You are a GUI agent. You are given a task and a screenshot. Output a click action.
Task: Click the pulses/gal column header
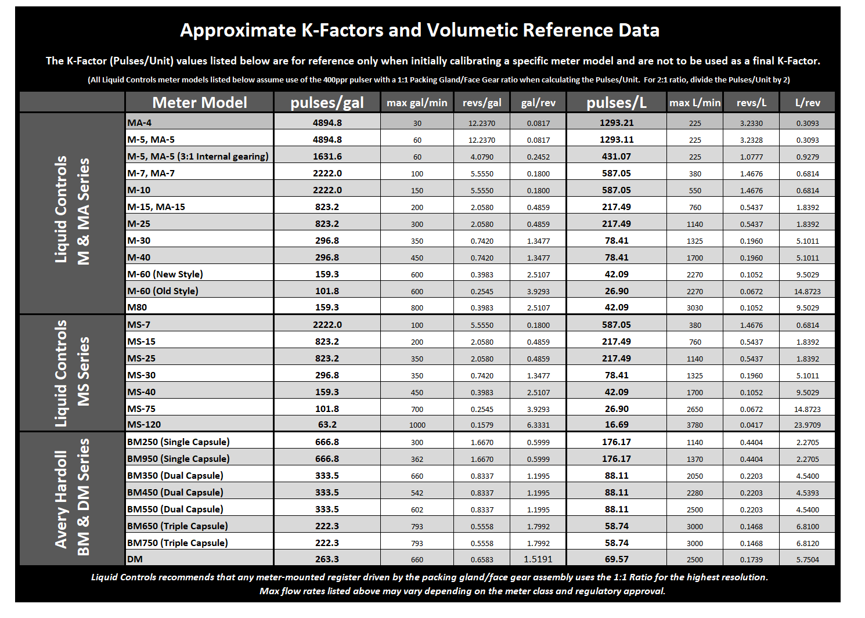pyautogui.click(x=327, y=103)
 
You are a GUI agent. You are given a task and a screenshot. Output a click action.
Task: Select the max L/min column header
pyautogui.click(x=694, y=103)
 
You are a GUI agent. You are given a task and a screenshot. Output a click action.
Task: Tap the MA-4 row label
pyautogui.click(x=140, y=122)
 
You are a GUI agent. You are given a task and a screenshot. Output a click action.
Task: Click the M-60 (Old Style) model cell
pyautogui.click(x=163, y=291)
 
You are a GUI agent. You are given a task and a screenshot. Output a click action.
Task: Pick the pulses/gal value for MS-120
pyautogui.click(x=327, y=425)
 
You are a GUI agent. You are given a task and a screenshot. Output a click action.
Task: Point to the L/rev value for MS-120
pyautogui.click(x=807, y=425)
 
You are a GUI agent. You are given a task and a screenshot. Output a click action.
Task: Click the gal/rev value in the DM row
pyautogui.click(x=538, y=559)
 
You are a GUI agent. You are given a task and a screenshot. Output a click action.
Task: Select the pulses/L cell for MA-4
pyautogui.click(x=616, y=122)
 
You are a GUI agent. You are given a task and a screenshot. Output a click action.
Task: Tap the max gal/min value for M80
pyautogui.click(x=417, y=308)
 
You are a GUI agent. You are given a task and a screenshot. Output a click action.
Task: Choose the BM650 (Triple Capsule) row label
pyautogui.click(x=178, y=526)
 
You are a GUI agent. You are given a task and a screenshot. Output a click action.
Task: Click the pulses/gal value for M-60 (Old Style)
pyautogui.click(x=327, y=291)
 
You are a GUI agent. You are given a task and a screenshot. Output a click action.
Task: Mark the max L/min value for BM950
pyautogui.click(x=694, y=459)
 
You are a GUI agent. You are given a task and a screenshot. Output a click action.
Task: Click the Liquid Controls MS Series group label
pyautogui.click(x=72, y=373)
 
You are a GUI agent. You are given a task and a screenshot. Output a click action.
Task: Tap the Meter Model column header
pyautogui.click(x=199, y=103)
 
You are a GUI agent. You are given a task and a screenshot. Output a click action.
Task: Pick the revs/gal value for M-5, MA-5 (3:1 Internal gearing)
pyautogui.click(x=481, y=157)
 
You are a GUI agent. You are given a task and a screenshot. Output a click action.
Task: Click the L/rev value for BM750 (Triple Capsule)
pyautogui.click(x=807, y=543)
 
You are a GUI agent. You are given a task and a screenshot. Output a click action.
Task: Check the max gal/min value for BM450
pyautogui.click(x=417, y=493)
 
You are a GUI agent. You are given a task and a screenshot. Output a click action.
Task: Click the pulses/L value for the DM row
pyautogui.click(x=616, y=559)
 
